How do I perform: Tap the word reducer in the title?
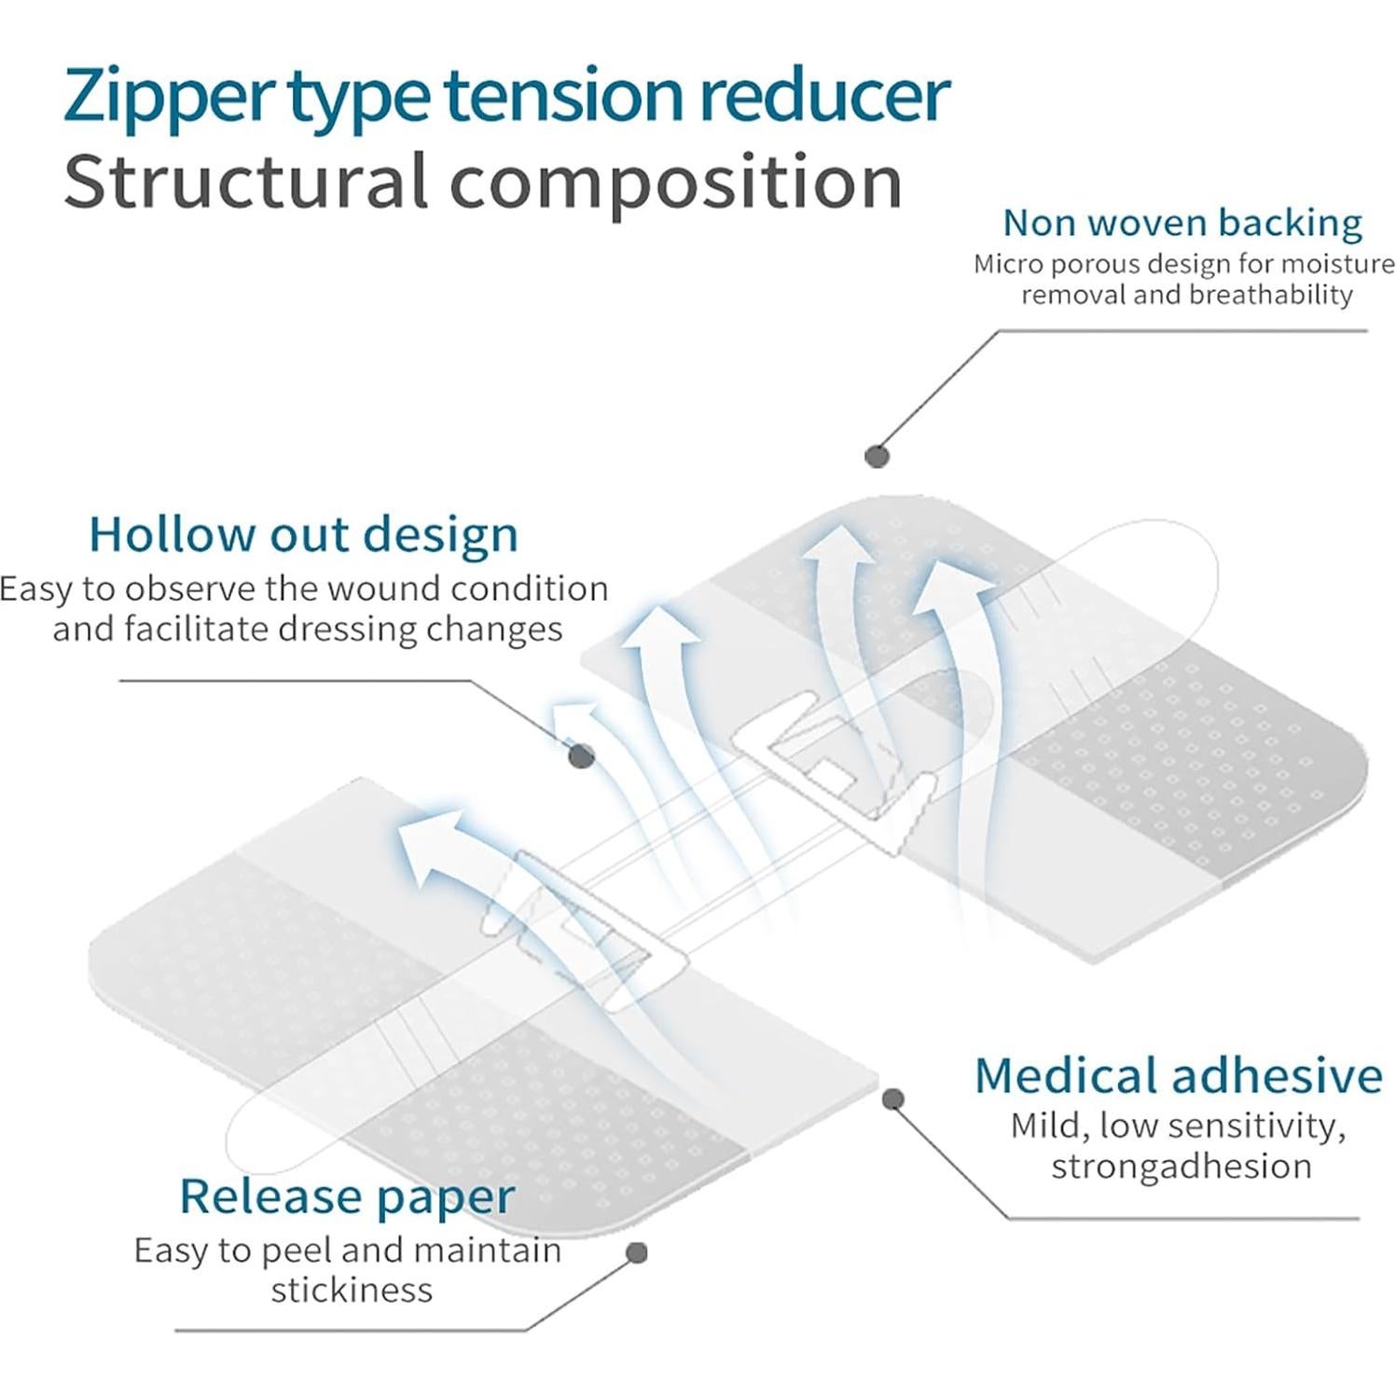tap(825, 95)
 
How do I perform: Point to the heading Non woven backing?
tap(1182, 224)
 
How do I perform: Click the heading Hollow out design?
tap(303, 535)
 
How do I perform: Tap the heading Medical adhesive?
tap(1179, 1075)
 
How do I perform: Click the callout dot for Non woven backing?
tap(877, 456)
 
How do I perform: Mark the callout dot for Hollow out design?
tap(582, 755)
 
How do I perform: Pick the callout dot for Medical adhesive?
tap(892, 1099)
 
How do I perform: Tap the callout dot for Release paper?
tap(637, 1252)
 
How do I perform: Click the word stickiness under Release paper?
tap(352, 1291)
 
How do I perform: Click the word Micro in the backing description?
tap(1007, 265)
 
